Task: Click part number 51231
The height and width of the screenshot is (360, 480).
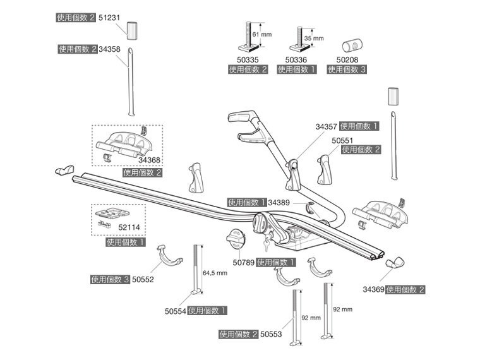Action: tap(109, 19)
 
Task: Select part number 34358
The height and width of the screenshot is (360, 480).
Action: tap(109, 49)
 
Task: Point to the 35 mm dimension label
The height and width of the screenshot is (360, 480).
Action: tap(314, 39)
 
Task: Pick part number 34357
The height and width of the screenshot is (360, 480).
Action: tap(327, 126)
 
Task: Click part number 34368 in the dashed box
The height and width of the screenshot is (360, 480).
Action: tap(150, 160)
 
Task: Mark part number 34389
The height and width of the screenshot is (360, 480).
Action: tap(279, 203)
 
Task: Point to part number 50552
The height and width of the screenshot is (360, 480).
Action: tap(143, 279)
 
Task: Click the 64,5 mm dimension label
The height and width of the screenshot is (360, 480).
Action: tap(215, 273)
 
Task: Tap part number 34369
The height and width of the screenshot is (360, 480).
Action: tap(373, 290)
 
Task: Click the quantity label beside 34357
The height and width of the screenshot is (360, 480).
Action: tap(359, 126)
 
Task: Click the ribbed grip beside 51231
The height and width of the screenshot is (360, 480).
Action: tap(133, 30)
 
